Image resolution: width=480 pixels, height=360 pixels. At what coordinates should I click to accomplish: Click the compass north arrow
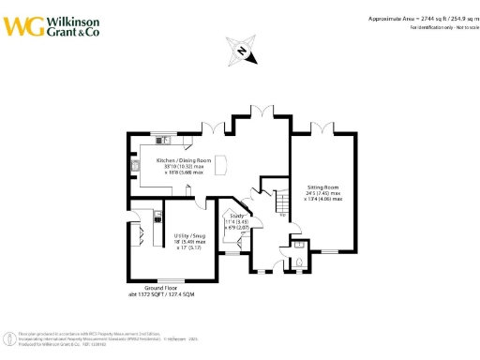tap(242, 51)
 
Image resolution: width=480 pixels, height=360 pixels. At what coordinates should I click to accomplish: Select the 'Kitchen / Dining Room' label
tap(184, 160)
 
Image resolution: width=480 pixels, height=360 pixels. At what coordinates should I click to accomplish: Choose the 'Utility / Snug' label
tap(189, 235)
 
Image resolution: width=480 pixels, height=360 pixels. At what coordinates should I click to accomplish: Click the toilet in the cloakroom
tap(298, 262)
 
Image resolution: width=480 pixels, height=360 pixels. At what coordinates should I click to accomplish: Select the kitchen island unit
tap(221, 160)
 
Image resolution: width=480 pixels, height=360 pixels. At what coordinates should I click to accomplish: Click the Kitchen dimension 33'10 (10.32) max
tap(185, 167)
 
